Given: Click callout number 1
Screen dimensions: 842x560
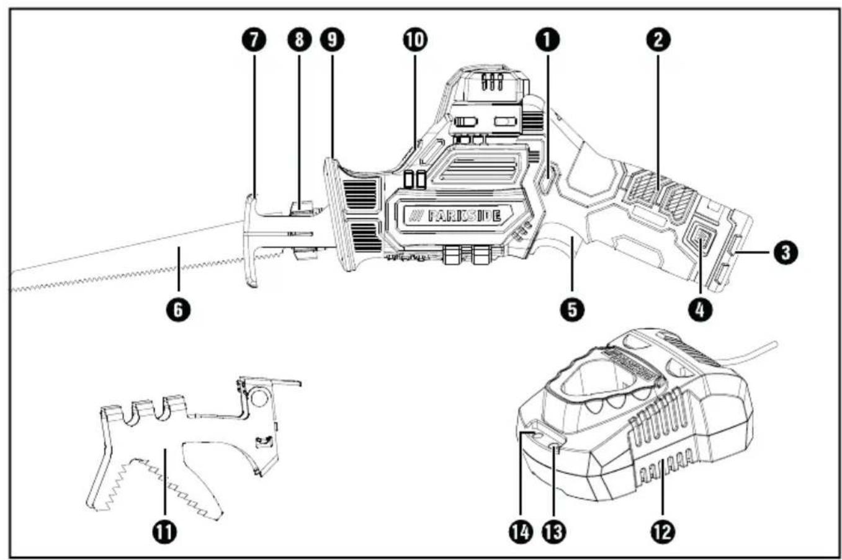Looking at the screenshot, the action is tap(548, 40).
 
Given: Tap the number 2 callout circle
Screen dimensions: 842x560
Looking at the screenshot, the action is tap(658, 40).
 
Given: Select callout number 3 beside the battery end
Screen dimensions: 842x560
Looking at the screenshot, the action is tap(786, 252).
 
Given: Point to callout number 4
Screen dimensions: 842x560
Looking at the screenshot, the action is tap(701, 310).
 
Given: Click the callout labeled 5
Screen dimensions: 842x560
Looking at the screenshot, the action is tap(572, 310).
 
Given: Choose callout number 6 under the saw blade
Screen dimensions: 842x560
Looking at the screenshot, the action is tap(179, 310).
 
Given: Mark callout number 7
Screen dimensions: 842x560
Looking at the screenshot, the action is tap(254, 40).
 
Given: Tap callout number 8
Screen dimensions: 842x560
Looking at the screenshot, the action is tap(299, 40).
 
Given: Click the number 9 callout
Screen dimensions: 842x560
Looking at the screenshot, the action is tap(332, 40).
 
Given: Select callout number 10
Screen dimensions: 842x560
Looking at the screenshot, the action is tap(415, 40).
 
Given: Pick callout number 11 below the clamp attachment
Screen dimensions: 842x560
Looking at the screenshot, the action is tap(165, 531).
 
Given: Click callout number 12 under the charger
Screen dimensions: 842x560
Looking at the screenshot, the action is tap(663, 531).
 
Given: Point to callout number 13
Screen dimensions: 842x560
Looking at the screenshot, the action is tap(555, 531).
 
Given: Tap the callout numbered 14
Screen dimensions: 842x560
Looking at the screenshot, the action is tap(521, 531).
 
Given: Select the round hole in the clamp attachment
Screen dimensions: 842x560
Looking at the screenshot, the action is tap(260, 398).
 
